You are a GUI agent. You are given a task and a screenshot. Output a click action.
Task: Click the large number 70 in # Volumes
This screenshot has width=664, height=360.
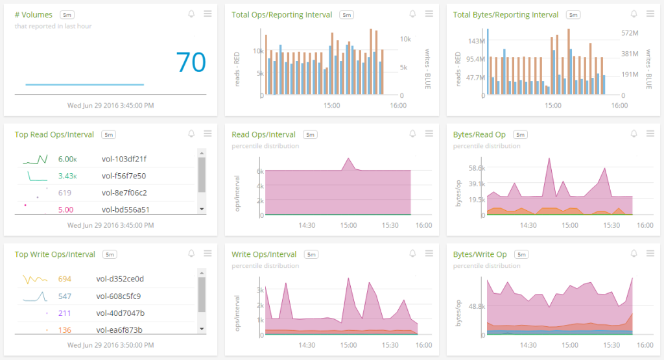(191, 62)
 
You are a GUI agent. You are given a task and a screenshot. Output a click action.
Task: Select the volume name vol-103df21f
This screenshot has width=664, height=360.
(124, 159)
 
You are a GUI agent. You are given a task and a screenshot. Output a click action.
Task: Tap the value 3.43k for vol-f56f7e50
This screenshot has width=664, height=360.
(67, 176)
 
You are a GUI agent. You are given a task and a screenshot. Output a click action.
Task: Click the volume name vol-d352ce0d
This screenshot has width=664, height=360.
(120, 279)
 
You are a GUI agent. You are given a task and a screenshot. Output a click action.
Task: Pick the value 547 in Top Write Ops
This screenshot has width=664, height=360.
(65, 296)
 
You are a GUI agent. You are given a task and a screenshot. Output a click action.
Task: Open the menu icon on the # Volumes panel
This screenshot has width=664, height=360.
(207, 14)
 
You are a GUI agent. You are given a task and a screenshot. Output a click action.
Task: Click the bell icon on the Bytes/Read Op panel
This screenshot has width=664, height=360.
(634, 134)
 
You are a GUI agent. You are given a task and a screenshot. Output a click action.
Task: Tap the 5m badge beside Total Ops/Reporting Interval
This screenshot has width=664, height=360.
(347, 15)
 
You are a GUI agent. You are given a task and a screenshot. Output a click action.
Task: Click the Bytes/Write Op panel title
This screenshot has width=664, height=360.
(480, 254)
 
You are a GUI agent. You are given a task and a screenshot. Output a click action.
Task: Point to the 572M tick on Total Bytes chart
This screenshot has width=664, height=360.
(630, 33)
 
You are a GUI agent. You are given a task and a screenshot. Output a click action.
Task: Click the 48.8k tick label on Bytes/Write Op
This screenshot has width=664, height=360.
(477, 306)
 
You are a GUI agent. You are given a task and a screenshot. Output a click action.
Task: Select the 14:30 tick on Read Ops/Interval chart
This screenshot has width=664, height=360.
(307, 225)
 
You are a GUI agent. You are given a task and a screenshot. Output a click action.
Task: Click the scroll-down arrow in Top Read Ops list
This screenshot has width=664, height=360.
(202, 210)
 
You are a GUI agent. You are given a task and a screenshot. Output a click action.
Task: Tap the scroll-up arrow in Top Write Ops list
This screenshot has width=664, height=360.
(202, 272)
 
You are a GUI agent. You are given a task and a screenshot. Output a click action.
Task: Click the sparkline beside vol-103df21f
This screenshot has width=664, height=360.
(35, 160)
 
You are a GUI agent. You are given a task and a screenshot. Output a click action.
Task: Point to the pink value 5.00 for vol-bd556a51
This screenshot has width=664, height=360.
(65, 210)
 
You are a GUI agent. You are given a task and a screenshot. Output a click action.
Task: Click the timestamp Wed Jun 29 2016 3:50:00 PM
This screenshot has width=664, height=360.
(110, 345)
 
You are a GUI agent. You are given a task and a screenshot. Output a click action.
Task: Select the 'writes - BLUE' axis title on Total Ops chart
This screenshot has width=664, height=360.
(428, 69)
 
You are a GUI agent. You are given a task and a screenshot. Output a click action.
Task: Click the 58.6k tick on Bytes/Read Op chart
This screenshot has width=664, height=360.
(477, 168)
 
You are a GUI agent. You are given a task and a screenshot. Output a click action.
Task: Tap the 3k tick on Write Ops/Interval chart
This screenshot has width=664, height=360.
(261, 290)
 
